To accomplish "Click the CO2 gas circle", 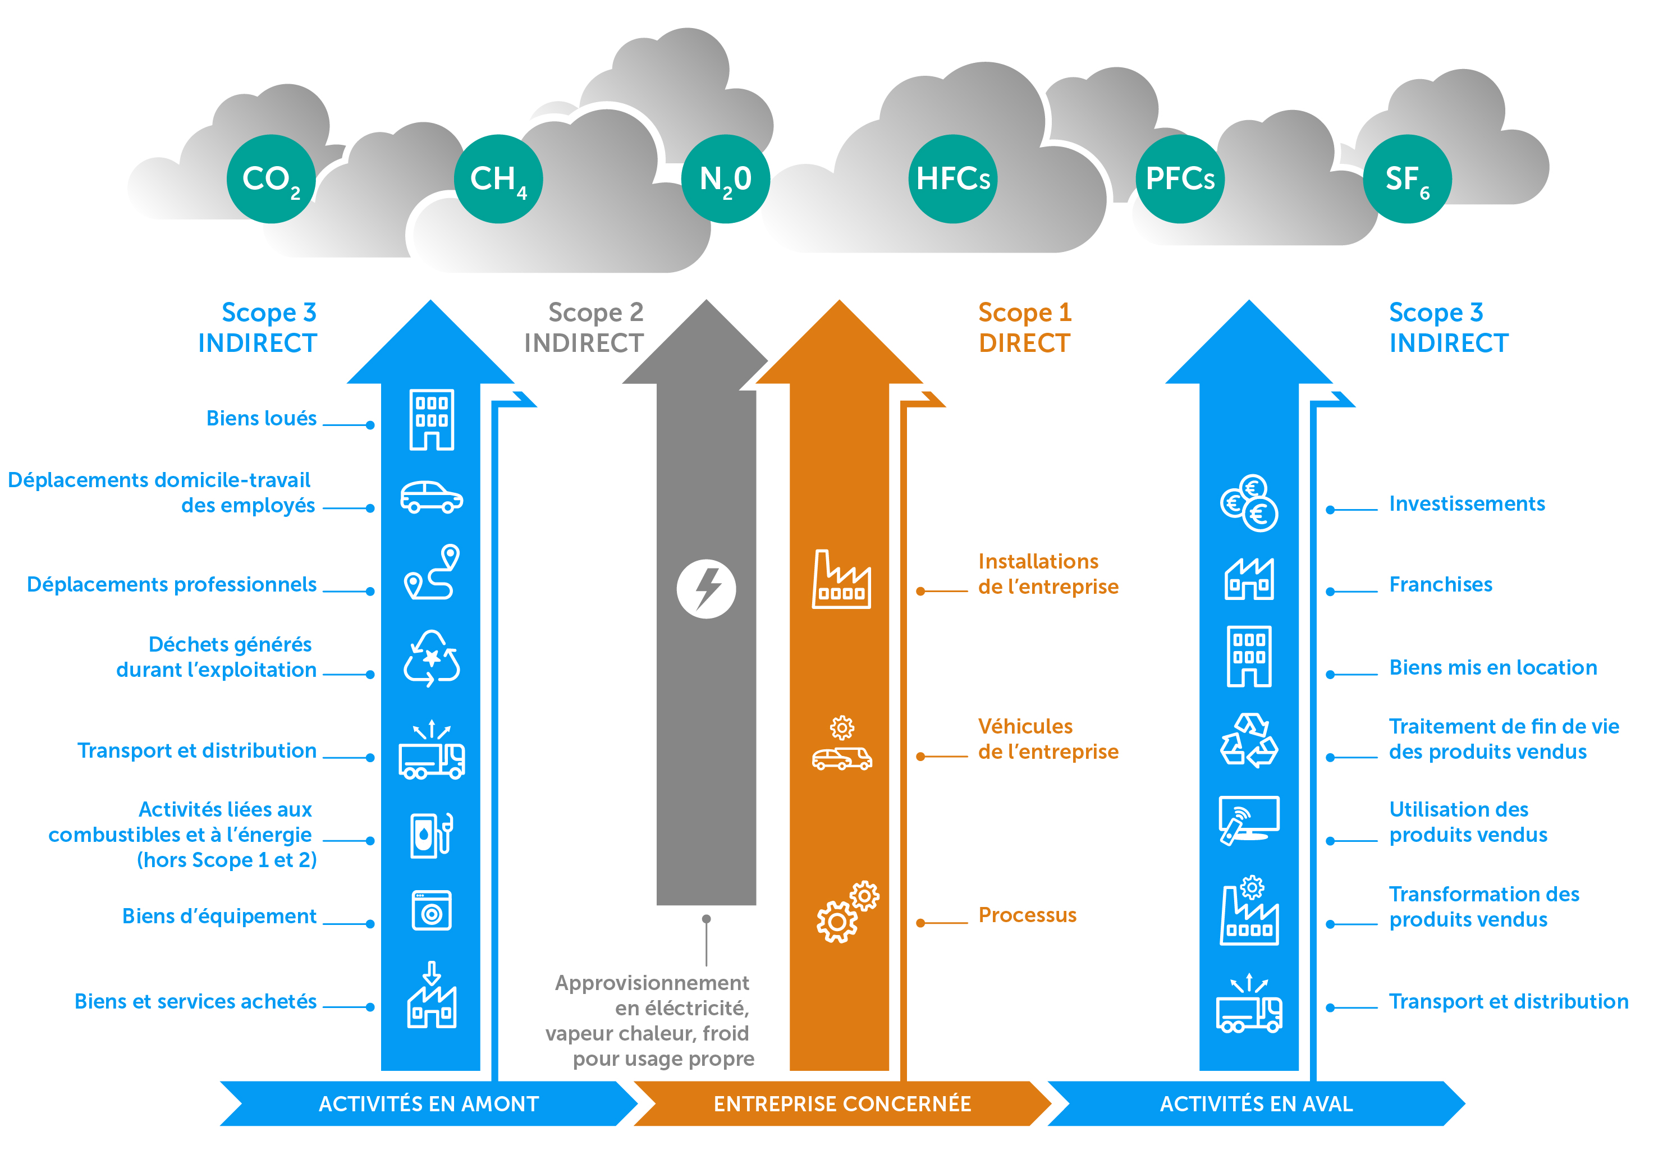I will coord(271,178).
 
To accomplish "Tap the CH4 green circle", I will coord(498,178).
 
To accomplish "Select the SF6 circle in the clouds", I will coord(1407,178).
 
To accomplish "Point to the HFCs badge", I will coord(952,178).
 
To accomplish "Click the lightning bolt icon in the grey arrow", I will coord(706,589).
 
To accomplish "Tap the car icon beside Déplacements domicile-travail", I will coord(431,497).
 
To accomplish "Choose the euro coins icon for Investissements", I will coord(1249,503).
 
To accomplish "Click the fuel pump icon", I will coord(431,835).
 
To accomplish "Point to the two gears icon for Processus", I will coord(846,911).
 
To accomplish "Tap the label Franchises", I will coord(1440,584).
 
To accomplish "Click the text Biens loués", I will coord(261,419).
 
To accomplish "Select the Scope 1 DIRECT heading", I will coord(1024,328).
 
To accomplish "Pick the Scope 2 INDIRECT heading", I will coord(584,328).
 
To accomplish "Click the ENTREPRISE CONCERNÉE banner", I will coord(841,1103).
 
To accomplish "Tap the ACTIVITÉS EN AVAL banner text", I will coord(1256,1103).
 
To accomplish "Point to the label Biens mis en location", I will coord(1492,667).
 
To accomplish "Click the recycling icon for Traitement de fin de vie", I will coord(1249,741).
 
